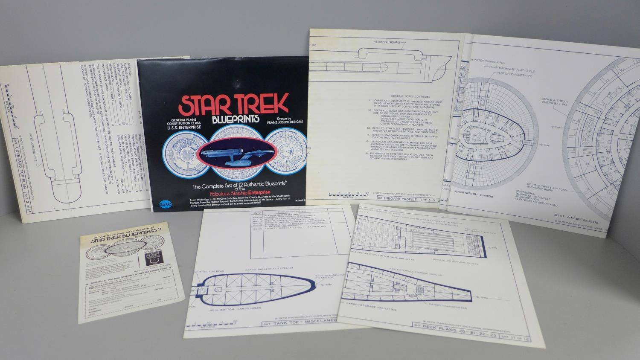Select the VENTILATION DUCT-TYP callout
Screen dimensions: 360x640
[x=515, y=73]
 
